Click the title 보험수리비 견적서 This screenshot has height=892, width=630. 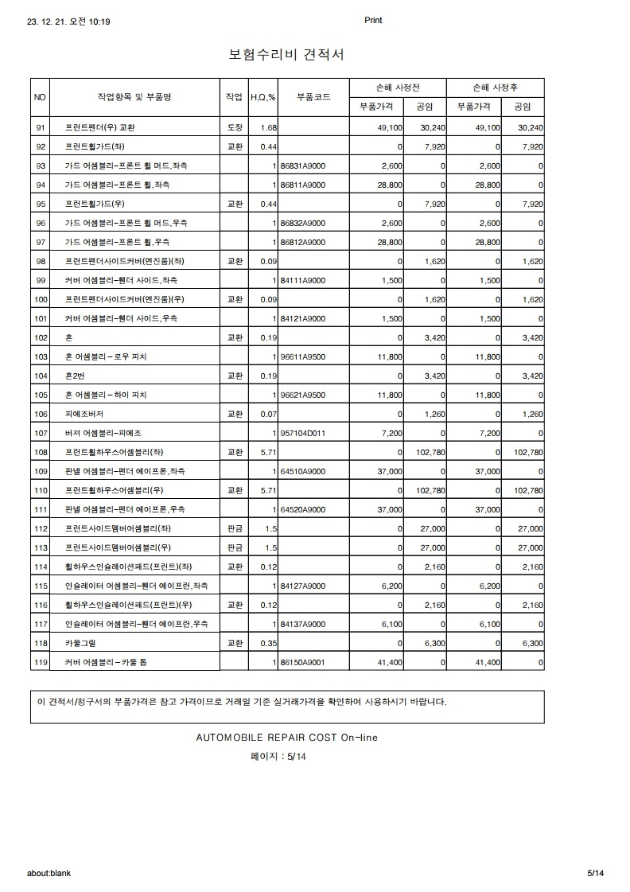pos(286,54)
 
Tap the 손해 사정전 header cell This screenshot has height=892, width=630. pos(397,87)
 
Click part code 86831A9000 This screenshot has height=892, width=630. pos(303,166)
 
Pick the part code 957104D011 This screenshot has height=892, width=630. pos(304,433)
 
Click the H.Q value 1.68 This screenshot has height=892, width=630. pos(267,127)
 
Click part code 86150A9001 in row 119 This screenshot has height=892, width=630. pos(303,662)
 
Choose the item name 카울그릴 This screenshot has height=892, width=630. pos(80,643)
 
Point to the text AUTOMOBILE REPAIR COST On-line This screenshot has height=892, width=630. pos(286,738)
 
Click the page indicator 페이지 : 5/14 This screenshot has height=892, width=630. pos(278,757)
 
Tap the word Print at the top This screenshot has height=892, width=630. pos(373,21)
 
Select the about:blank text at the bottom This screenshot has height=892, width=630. pos(49,873)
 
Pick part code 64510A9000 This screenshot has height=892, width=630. pos(303,471)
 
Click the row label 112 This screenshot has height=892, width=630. pos(42,528)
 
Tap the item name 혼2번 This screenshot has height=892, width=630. pos(76,376)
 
